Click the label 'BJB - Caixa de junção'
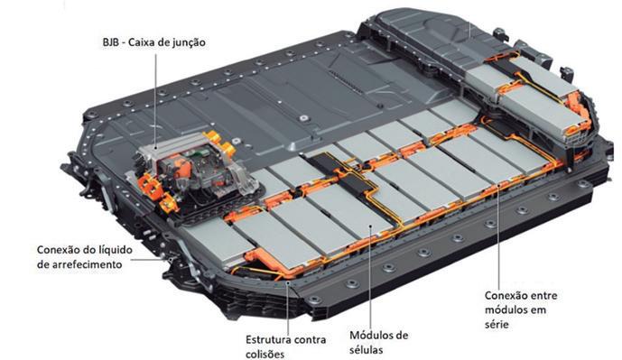[x=153, y=42]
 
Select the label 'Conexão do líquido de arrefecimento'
[x=85, y=257]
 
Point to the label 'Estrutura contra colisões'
[x=285, y=346]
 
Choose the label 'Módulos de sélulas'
[x=378, y=343]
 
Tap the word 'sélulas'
[x=366, y=350]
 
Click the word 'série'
[x=497, y=324]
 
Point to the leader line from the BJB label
[x=155, y=101]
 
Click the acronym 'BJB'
[x=111, y=42]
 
